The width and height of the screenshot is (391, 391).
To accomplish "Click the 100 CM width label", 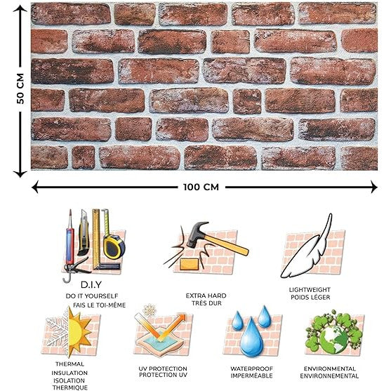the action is (x=201, y=187).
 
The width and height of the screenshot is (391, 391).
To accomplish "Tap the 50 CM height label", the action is (x=20, y=88).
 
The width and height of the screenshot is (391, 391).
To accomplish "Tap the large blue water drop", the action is (x=251, y=337).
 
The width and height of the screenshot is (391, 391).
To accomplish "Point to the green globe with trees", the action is (x=333, y=331).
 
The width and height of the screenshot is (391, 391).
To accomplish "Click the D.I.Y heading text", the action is (x=91, y=285).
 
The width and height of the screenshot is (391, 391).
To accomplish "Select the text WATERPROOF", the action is (x=251, y=369).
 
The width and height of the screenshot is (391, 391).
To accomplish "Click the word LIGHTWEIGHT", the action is (x=310, y=290).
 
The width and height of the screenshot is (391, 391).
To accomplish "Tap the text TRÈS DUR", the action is (x=206, y=303).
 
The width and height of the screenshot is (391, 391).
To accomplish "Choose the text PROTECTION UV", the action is (x=163, y=375).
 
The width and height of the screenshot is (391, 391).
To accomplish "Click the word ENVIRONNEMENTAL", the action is (x=329, y=376).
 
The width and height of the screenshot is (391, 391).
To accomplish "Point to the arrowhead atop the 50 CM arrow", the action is (x=20, y=8).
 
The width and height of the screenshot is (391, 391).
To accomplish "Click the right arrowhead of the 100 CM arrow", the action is (x=373, y=187).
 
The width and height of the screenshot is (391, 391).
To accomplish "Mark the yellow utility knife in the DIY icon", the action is (x=84, y=232).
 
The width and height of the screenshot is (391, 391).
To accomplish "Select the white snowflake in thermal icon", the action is (x=58, y=331).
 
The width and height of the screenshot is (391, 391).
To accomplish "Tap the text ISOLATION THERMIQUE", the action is (x=69, y=384).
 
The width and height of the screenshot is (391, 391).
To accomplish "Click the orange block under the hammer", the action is (x=190, y=265).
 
